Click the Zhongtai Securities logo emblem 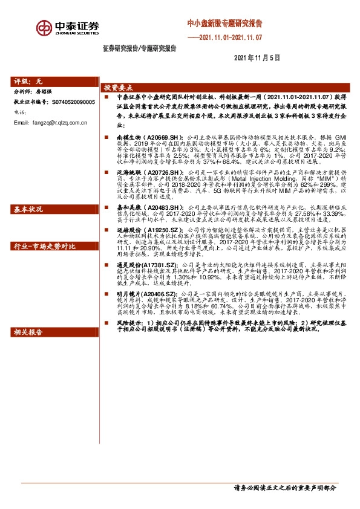44,28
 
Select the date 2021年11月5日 257,58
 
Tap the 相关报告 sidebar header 28,332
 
